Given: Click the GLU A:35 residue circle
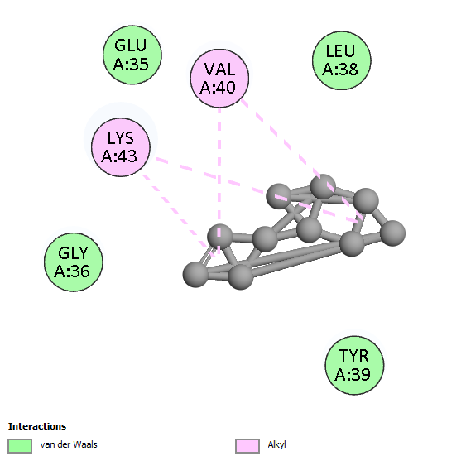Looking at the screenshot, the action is pos(132,55).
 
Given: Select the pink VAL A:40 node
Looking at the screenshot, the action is pos(219,78).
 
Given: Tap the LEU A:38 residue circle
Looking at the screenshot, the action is pos(342,60).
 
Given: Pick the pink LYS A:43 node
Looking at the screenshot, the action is pos(121,147).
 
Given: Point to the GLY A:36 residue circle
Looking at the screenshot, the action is pos(74,262).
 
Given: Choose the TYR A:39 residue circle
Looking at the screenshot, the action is pos(354,365).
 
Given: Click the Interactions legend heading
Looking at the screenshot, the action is pos(37,426).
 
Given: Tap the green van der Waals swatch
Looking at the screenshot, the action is pos(20,446).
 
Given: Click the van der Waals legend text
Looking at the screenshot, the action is pos(69,444).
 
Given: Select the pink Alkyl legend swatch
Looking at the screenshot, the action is pos(247,446).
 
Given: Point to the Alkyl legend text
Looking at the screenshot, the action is pos(276,444).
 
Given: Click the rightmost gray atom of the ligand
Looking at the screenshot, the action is pos(393,233).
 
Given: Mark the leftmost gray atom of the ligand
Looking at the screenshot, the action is pos(195,274).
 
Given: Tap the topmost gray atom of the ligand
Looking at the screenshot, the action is pos(323,187).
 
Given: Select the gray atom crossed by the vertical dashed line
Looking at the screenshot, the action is pos(219,237).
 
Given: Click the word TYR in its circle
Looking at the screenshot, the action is pos(353,356).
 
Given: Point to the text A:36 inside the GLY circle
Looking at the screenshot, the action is pos(72,271).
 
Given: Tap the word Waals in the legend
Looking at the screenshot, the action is pos(85,444).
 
